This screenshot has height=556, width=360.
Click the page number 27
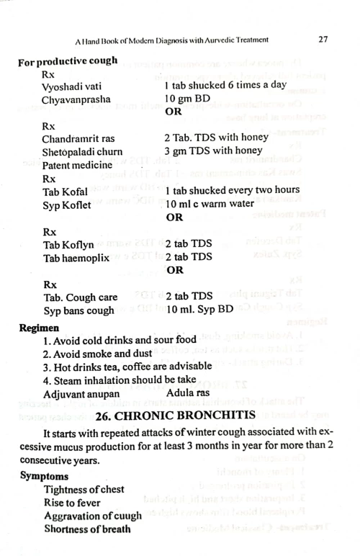tap(323, 39)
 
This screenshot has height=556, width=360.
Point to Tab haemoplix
tap(77, 257)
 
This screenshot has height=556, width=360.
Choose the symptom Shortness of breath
tap(89, 530)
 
